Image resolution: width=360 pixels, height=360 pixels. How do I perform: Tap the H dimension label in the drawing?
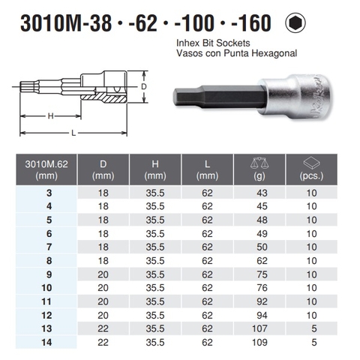click(x=49, y=116)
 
